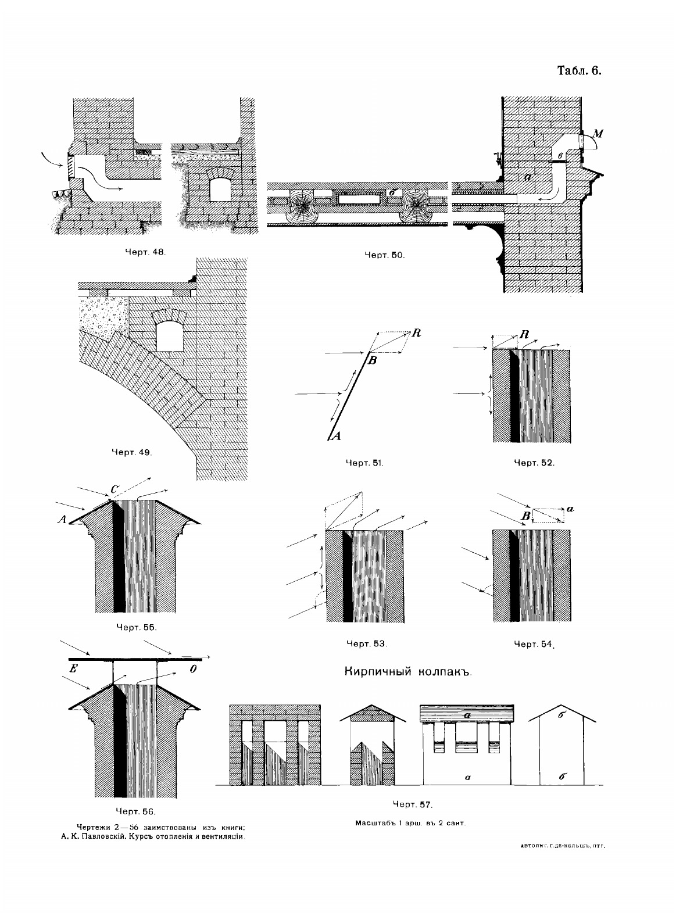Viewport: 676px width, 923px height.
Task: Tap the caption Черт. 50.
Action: click(x=384, y=255)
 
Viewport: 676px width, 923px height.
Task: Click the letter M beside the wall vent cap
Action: click(x=598, y=134)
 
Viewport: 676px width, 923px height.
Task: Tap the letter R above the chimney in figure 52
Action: click(x=525, y=335)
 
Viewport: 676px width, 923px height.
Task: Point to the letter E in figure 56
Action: click(x=74, y=669)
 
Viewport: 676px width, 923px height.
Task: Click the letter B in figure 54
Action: click(x=525, y=516)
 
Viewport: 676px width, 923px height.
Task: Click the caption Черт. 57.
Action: click(x=412, y=805)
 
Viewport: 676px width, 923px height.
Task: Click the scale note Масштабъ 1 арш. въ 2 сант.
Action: click(x=412, y=823)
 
